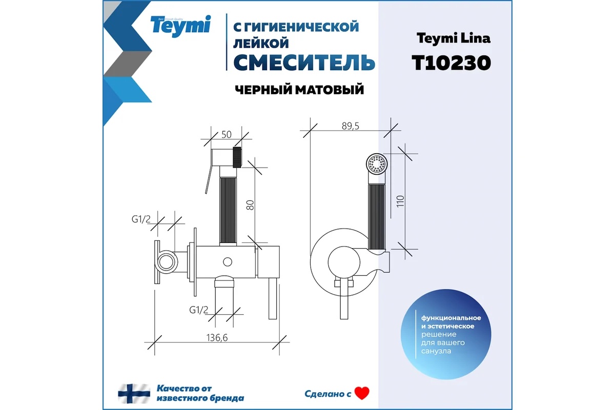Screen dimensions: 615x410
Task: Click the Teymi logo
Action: (180, 26)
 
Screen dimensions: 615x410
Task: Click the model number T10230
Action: (452, 63)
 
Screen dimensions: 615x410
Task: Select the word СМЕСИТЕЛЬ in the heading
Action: (304, 63)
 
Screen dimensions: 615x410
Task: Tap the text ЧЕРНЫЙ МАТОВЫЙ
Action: (299, 90)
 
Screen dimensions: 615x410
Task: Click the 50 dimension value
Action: (227, 135)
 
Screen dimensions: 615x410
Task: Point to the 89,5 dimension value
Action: (351, 126)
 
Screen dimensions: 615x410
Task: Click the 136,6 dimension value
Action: (217, 338)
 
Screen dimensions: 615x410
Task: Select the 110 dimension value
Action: (400, 201)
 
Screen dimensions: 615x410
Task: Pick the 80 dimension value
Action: (250, 205)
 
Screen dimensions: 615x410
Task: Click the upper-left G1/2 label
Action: (141, 219)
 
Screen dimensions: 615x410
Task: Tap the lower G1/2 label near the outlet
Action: (199, 310)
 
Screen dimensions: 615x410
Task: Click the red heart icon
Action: (362, 393)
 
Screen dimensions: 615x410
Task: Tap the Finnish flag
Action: (134, 394)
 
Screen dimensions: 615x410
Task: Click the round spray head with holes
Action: (377, 164)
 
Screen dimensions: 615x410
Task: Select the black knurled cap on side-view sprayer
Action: (237, 157)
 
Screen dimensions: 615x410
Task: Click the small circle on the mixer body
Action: (228, 262)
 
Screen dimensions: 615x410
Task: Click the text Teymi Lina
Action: (454, 38)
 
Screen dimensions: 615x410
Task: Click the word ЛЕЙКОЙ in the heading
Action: (261, 44)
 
